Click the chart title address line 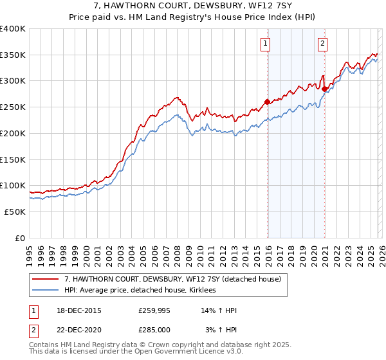[x=192, y=6]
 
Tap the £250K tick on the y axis [x=13, y=107]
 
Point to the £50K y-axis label [x=15, y=211]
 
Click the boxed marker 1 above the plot [x=265, y=44]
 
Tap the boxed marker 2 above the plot [x=322, y=44]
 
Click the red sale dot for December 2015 [x=268, y=102]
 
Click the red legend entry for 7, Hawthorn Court [x=172, y=280]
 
